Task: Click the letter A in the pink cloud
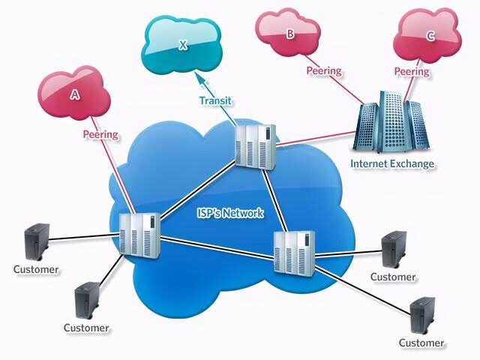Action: coord(74,94)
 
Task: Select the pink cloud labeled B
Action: coord(289,34)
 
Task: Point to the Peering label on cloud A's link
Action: coord(100,135)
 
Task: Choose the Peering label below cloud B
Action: coord(324,71)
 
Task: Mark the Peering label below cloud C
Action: coord(412,72)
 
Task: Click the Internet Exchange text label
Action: coord(392,163)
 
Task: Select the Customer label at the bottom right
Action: coord(421,343)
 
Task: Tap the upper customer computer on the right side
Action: coord(393,250)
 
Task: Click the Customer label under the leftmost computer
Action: coord(36,268)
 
